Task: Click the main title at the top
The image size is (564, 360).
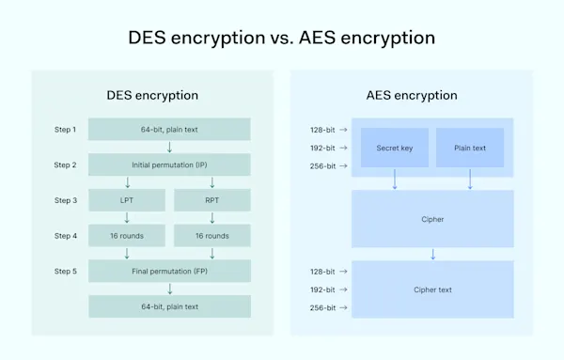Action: click(x=282, y=39)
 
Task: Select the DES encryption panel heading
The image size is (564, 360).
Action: click(x=152, y=95)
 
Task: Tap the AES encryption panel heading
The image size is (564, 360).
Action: click(x=411, y=95)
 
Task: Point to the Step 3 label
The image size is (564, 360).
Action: click(x=66, y=200)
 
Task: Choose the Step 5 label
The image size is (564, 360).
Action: click(x=66, y=272)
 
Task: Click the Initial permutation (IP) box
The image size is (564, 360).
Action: click(x=169, y=164)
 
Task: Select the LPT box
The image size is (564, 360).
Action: click(x=126, y=200)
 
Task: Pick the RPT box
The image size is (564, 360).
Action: click(x=212, y=200)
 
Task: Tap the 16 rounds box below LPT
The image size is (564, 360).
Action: click(x=126, y=236)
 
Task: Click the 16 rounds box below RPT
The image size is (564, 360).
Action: click(x=212, y=236)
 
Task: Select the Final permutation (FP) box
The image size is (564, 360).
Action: click(x=169, y=272)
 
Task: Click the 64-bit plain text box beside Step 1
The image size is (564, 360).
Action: click(x=169, y=129)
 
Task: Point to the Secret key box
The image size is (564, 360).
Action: click(x=395, y=148)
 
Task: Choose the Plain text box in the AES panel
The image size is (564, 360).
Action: click(x=470, y=148)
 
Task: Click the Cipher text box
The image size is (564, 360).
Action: click(x=432, y=290)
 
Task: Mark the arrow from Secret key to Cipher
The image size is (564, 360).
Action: click(x=395, y=179)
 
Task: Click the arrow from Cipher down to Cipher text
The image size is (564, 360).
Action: click(x=432, y=254)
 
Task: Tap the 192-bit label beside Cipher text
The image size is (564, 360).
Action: click(x=323, y=290)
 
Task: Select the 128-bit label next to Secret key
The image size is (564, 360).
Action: click(x=323, y=130)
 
